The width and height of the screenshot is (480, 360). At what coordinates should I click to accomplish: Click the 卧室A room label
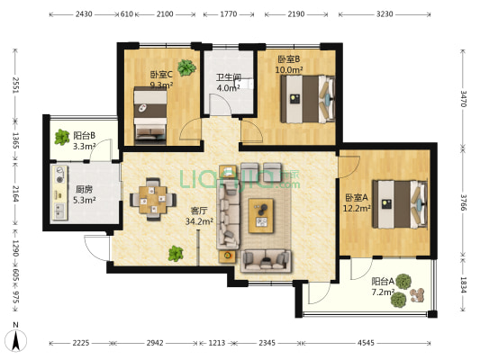pyautogui.click(x=357, y=198)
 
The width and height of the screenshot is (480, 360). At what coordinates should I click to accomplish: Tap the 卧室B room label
pyautogui.click(x=289, y=59)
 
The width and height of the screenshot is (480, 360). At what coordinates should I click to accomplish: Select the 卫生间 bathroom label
pyautogui.click(x=229, y=77)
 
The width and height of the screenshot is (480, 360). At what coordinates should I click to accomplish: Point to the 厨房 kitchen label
pyautogui.click(x=84, y=190)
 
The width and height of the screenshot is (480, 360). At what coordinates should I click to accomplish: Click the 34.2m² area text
pyautogui.click(x=199, y=221)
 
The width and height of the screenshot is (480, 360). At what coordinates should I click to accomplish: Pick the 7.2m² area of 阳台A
pyautogui.click(x=383, y=292)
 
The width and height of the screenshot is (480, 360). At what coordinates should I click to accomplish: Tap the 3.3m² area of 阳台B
pyautogui.click(x=84, y=146)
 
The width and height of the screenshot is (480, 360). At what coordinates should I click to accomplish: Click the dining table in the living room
pyautogui.click(x=153, y=200)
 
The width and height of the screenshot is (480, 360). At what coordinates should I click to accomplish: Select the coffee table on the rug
pyautogui.click(x=261, y=216)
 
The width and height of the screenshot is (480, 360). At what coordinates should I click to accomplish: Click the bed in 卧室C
pyautogui.click(x=150, y=115)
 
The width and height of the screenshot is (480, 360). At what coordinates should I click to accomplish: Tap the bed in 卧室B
pyautogui.click(x=308, y=99)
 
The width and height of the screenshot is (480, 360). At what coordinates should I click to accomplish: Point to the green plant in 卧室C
pyautogui.click(x=186, y=67)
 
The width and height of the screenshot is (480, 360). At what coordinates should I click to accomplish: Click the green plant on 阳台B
pyautogui.click(x=62, y=137)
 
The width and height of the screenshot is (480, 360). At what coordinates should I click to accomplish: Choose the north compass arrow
pyautogui.click(x=16, y=340)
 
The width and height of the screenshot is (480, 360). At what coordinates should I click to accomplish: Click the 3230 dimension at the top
pyautogui.click(x=385, y=14)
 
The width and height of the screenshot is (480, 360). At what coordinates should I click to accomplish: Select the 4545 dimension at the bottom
pyautogui.click(x=366, y=343)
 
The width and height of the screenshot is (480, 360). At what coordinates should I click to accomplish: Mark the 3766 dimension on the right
pyautogui.click(x=463, y=202)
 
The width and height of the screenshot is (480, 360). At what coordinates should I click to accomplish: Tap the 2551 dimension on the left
pyautogui.click(x=15, y=85)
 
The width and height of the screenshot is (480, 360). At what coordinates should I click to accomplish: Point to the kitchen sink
pyautogui.click(x=59, y=211)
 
